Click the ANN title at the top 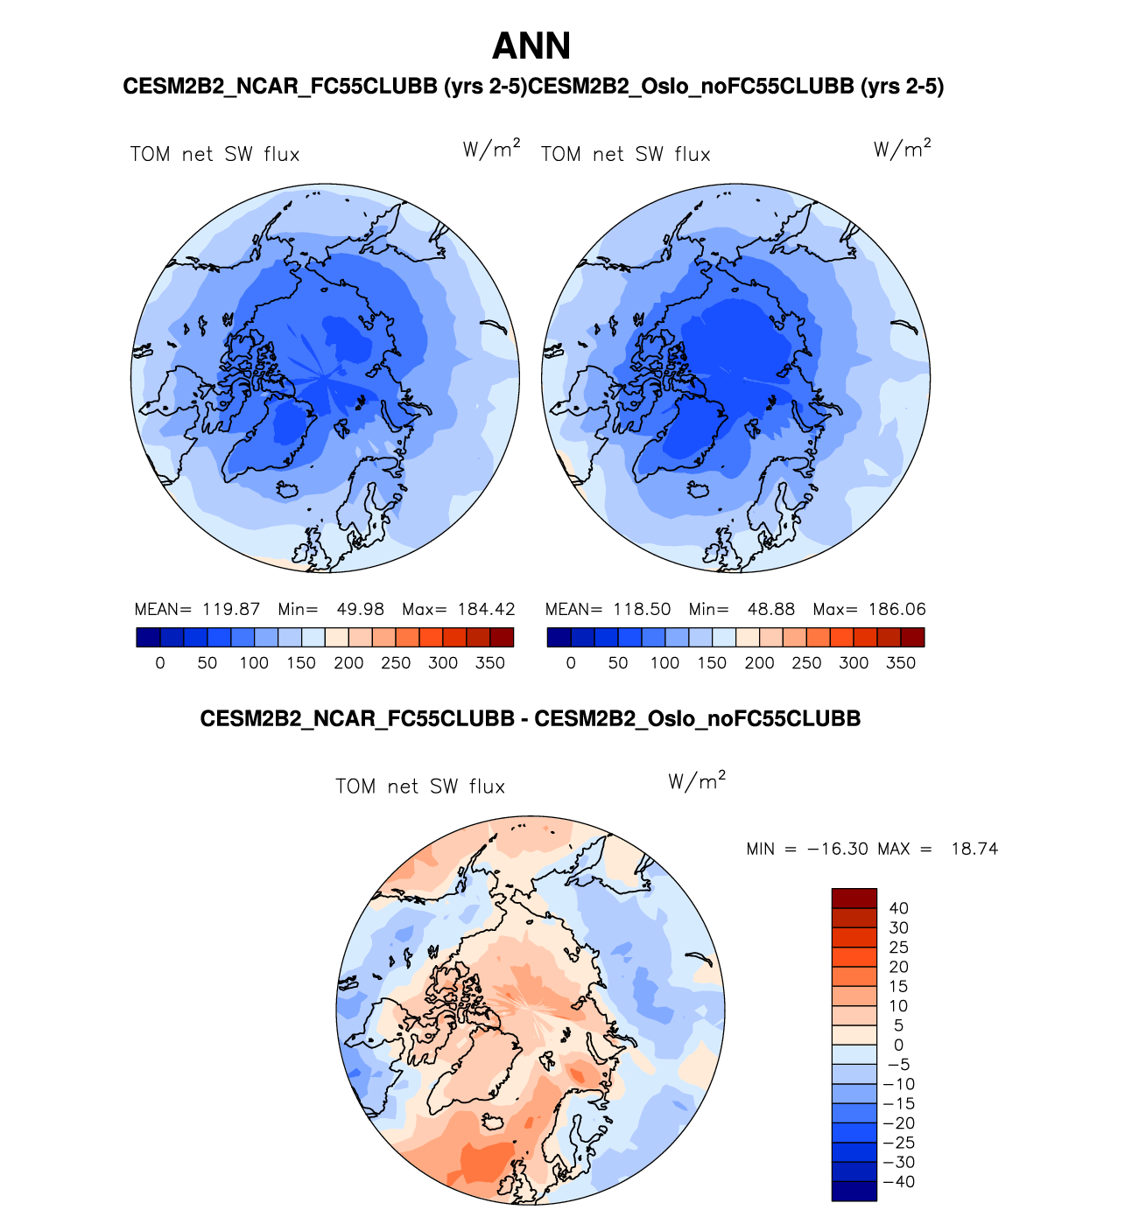pyautogui.click(x=531, y=46)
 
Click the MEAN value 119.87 pyautogui.click(x=231, y=610)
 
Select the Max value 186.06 pyautogui.click(x=896, y=610)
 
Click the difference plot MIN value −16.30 pyautogui.click(x=837, y=849)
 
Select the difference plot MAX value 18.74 pyautogui.click(x=974, y=849)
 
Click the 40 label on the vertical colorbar pyautogui.click(x=898, y=908)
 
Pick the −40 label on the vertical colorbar pyautogui.click(x=898, y=1182)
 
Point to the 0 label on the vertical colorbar pyautogui.click(x=898, y=1045)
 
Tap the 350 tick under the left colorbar pyautogui.click(x=490, y=663)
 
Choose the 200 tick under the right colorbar pyautogui.click(x=759, y=663)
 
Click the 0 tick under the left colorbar pyautogui.click(x=160, y=663)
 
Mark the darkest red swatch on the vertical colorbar pyautogui.click(x=854, y=899)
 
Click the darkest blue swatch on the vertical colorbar pyautogui.click(x=854, y=1191)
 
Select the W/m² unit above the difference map pyautogui.click(x=697, y=780)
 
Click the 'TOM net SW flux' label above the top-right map pyautogui.click(x=625, y=155)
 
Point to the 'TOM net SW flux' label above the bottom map pyautogui.click(x=420, y=787)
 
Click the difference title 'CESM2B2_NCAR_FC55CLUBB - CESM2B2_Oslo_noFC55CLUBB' pyautogui.click(x=530, y=719)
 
